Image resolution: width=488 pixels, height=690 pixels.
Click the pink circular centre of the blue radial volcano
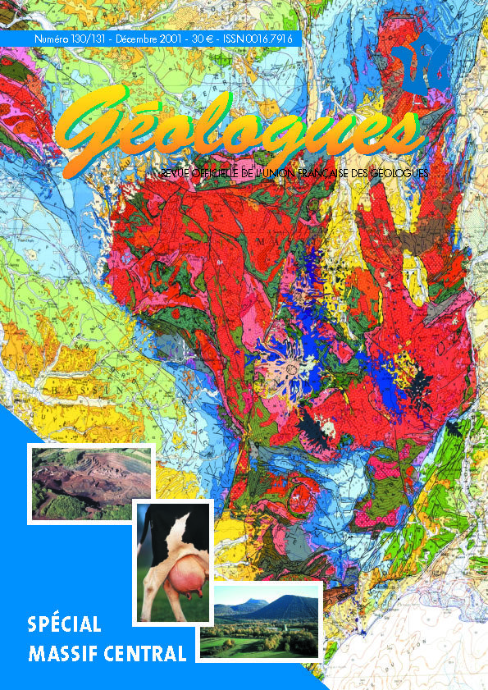289,373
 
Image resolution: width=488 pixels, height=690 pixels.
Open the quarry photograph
91,482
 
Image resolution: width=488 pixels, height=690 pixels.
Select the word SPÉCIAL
64,624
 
